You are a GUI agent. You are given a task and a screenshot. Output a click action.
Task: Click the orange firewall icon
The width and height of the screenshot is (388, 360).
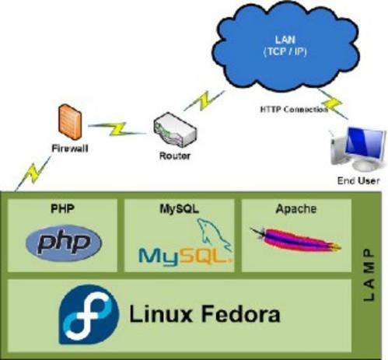point(70,121)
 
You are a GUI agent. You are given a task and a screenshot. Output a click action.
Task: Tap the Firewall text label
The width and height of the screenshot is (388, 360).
point(70,149)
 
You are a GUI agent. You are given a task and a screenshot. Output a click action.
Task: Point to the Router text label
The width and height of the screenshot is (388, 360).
point(175,156)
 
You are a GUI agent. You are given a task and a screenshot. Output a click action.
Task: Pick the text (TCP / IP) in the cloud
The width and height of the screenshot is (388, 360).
point(285,52)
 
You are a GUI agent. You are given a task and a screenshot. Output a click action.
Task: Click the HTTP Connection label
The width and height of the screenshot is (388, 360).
point(294,110)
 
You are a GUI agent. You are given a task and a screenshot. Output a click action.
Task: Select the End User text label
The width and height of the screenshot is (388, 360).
point(358,180)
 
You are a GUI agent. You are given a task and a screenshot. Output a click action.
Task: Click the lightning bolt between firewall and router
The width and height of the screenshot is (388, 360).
point(117,129)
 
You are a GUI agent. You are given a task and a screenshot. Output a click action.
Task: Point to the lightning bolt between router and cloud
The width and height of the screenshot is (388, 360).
point(204,100)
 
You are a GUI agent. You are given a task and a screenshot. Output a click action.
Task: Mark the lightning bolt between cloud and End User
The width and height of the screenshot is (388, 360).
point(333,104)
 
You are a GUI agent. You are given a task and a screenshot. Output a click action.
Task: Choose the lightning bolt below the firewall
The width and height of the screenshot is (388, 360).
point(33,173)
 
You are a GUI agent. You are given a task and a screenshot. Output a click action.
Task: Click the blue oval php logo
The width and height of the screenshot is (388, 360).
point(64,243)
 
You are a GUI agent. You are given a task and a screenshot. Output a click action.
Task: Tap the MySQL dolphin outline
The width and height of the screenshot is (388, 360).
point(214,235)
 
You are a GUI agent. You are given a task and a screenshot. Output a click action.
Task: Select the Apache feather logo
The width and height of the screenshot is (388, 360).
point(295,239)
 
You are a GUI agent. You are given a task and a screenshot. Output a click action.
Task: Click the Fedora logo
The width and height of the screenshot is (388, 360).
point(89,315)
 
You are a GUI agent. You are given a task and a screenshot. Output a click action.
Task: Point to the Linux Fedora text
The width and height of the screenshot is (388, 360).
point(204,314)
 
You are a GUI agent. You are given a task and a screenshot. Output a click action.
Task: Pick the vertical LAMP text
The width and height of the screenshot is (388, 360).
point(369,275)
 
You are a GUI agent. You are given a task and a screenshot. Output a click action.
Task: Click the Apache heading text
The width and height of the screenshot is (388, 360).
point(296,209)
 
